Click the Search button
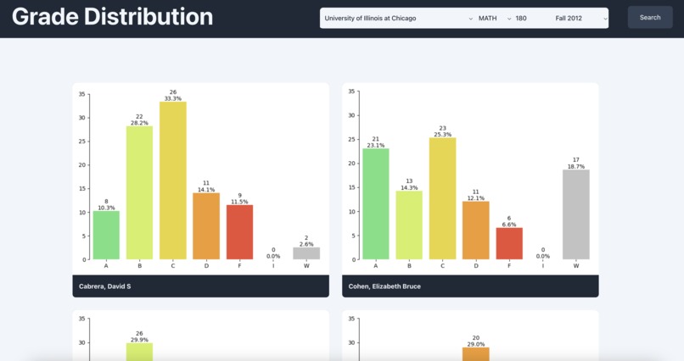[x=649, y=17]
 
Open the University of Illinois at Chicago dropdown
[x=398, y=18]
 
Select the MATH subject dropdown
[x=495, y=18]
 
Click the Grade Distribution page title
[x=112, y=17]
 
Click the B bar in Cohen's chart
[x=409, y=225]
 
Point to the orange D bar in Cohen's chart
[x=475, y=230]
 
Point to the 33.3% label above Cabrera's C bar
[x=173, y=98]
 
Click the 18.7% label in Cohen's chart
[x=575, y=166]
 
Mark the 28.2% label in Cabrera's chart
[x=139, y=123]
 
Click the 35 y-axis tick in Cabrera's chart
[x=81, y=94]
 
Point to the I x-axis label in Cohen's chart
[x=542, y=266]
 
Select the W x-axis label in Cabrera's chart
[x=306, y=266]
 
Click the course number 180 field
[x=522, y=18]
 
